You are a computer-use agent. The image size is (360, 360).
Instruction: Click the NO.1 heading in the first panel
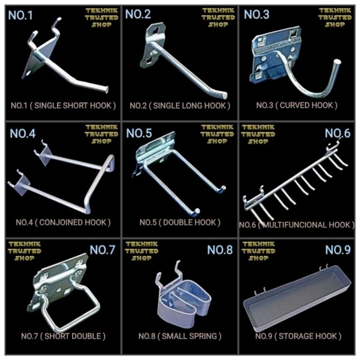(x=20, y=15)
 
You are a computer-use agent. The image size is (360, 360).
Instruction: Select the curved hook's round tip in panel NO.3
(x=337, y=62)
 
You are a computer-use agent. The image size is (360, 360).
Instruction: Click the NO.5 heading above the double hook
(x=139, y=133)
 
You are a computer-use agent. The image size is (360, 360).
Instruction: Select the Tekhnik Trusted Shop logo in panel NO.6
(x=258, y=134)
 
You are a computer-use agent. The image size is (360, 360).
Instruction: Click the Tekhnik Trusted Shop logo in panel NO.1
(x=102, y=18)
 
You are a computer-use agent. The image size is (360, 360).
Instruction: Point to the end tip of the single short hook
(x=107, y=90)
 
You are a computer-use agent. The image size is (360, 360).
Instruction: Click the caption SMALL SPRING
(x=189, y=336)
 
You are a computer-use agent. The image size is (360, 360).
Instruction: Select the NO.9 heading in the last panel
(x=338, y=250)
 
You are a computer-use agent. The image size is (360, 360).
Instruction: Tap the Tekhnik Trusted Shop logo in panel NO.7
(x=25, y=251)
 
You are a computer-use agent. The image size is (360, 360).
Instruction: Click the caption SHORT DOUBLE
(x=73, y=336)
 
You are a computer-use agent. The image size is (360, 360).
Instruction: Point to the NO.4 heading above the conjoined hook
(x=22, y=133)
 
